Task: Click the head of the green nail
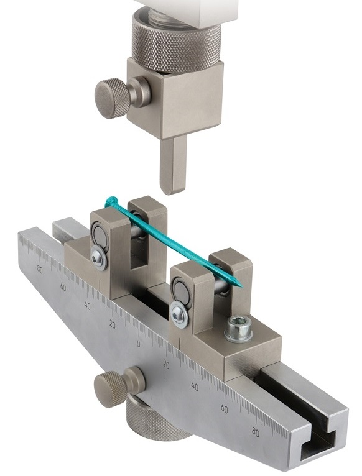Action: point(111,202)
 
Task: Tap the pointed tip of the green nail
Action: point(240,285)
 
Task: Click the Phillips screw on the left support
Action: point(98,257)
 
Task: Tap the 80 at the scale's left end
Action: point(40,268)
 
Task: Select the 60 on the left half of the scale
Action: point(63,286)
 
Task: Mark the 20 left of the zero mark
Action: point(112,323)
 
